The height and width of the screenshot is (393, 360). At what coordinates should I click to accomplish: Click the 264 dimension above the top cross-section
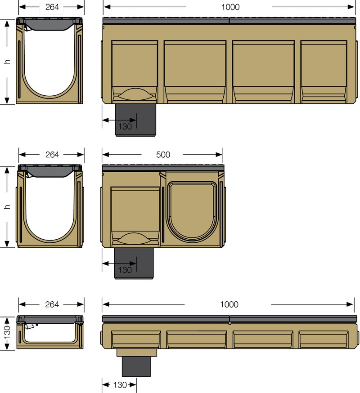tap(52, 7)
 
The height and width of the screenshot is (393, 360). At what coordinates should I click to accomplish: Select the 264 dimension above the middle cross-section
tap(52, 154)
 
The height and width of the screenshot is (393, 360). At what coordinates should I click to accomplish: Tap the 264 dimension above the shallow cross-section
tap(52, 304)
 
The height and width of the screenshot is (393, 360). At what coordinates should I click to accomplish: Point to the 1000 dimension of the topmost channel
tap(229, 7)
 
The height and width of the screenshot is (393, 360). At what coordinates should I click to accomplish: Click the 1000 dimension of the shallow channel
tap(229, 304)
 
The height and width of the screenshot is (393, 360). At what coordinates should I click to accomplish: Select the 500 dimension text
tap(163, 155)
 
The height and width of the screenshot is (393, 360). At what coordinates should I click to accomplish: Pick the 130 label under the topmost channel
tap(125, 126)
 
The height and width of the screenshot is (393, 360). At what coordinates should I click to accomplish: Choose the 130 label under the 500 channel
tap(125, 270)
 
